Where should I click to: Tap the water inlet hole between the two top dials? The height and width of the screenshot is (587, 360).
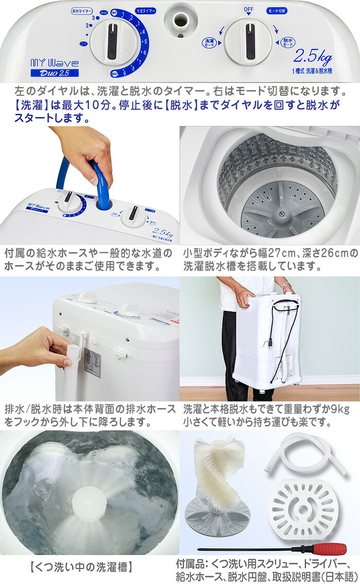pos(181,20)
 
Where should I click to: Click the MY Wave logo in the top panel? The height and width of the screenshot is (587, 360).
pos(54,63)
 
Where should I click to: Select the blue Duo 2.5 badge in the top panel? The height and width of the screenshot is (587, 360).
pos(54,73)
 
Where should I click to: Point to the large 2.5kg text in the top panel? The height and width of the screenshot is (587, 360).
pos(312,55)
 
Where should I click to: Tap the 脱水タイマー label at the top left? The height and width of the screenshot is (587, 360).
pos(82,10)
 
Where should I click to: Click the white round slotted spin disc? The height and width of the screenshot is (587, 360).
pos(303,506)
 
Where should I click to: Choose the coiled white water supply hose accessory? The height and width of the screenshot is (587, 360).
pos(306,453)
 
